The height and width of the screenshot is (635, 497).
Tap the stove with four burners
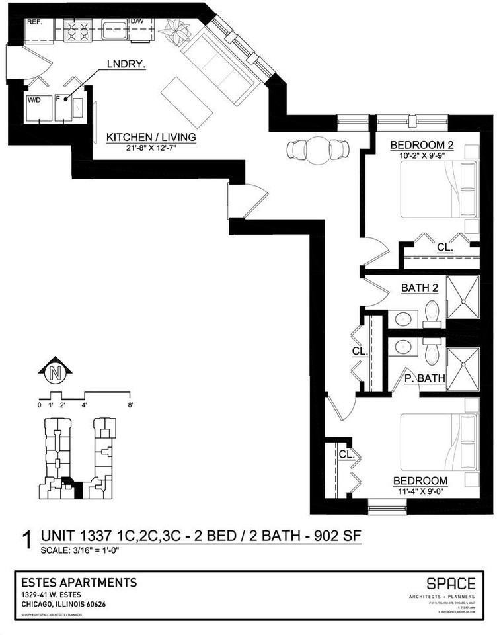coord(79,31)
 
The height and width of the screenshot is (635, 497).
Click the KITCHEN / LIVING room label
coord(151,137)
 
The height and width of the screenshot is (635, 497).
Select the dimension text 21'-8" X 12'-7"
coord(151,148)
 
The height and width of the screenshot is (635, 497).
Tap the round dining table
coord(319,151)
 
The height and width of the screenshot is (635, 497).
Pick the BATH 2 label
coord(420,288)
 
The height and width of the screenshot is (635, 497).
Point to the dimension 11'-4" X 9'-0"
coord(420,491)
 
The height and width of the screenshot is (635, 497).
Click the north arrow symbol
coord(55,373)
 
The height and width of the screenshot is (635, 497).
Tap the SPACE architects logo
coord(450,583)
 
